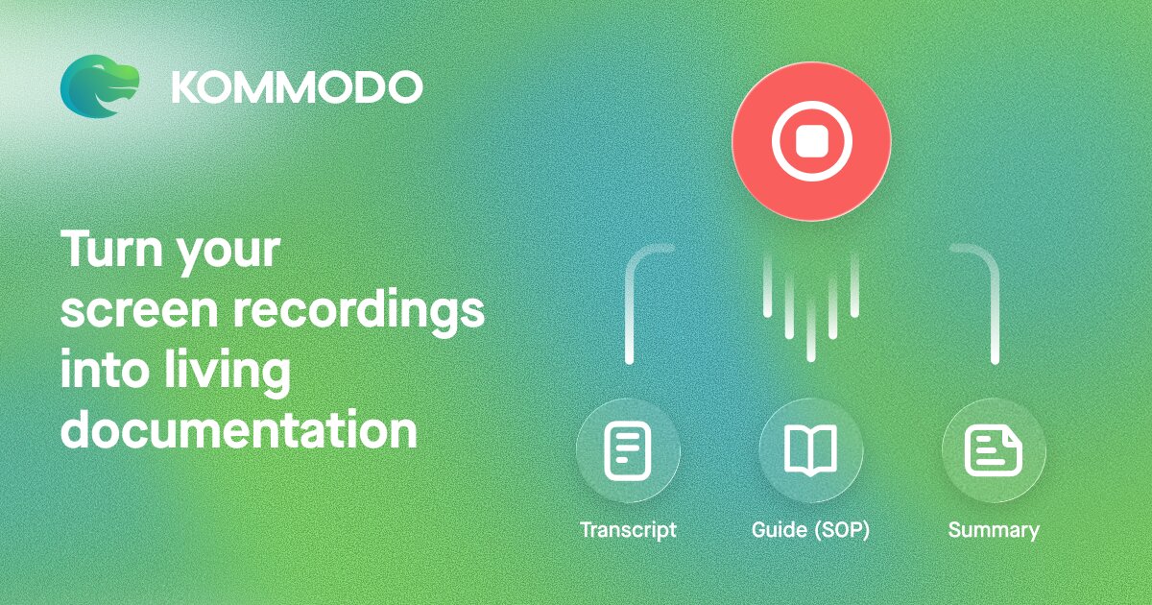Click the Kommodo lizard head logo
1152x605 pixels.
(x=99, y=86)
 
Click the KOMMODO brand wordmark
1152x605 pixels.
(x=298, y=87)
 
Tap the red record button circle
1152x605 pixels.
(x=811, y=141)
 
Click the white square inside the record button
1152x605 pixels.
(x=811, y=141)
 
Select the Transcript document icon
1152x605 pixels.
(x=628, y=450)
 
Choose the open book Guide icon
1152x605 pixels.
(x=810, y=449)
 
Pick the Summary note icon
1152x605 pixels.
(x=994, y=450)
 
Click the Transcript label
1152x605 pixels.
(x=628, y=530)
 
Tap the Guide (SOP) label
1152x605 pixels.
(x=810, y=530)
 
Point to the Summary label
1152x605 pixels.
(x=994, y=530)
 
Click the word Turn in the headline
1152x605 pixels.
(x=111, y=249)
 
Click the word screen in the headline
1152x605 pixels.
(x=139, y=312)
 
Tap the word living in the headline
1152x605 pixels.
(x=228, y=372)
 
